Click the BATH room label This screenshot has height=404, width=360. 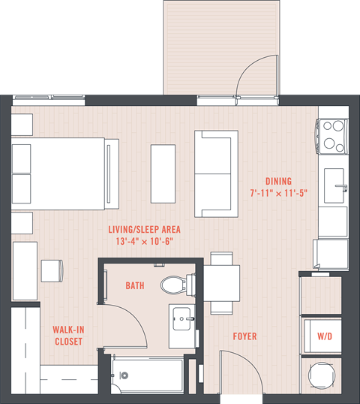[135, 286]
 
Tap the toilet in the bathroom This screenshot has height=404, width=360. [172, 285]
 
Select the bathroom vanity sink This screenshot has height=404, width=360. [181, 318]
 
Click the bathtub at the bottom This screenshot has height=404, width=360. [146, 372]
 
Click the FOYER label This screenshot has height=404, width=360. [245, 336]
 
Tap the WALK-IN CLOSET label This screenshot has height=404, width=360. [67, 335]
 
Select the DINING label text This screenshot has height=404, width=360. [277, 181]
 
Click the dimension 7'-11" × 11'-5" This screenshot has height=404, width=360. [278, 194]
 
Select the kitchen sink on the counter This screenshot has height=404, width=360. [334, 181]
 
